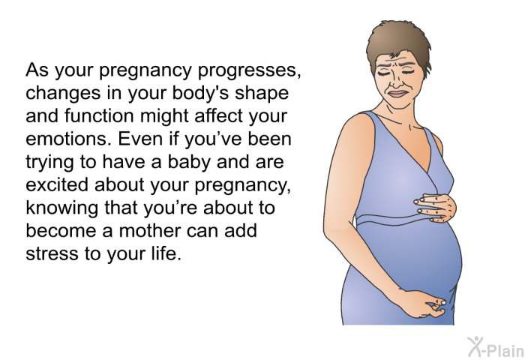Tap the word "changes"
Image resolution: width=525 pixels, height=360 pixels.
pyautogui.click(x=63, y=93)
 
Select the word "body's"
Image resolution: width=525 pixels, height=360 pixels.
pyautogui.click(x=200, y=94)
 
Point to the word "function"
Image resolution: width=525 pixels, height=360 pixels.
pyautogui.click(x=99, y=115)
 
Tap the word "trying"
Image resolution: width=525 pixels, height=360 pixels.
pyautogui.click(x=50, y=163)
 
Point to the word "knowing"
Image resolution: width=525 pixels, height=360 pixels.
pyautogui.click(x=62, y=208)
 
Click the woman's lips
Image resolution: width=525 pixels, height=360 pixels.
pyautogui.click(x=397, y=94)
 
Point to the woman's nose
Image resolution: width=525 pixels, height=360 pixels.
pyautogui.click(x=397, y=82)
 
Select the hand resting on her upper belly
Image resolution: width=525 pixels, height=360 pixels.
pyautogui.click(x=436, y=208)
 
